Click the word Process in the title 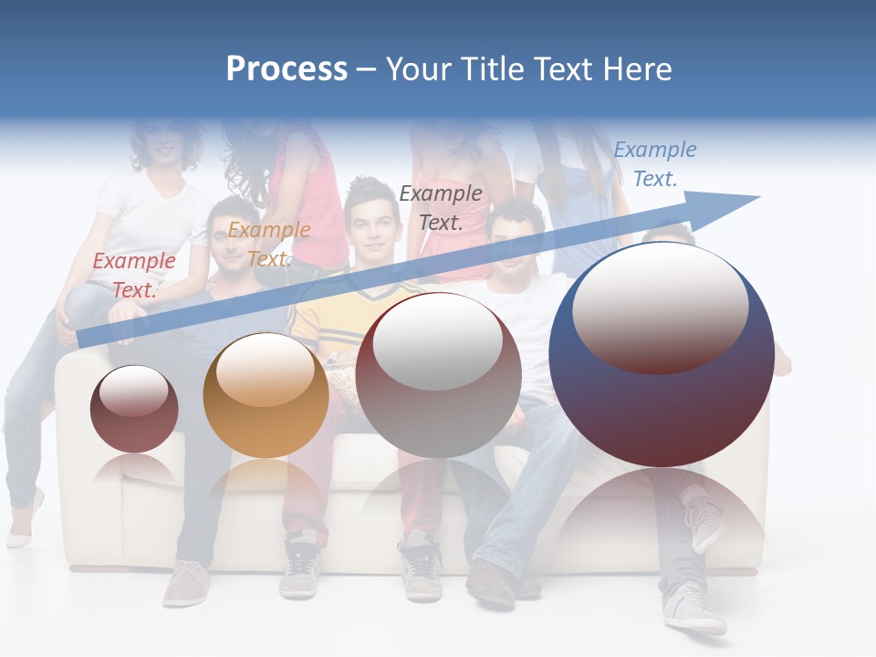coord(287,69)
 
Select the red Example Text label coord(134,275)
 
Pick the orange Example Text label coord(268,244)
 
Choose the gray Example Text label coord(441,207)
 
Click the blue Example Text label coord(654,164)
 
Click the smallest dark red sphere coord(134,409)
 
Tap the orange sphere coord(266,396)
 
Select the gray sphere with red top coord(439,375)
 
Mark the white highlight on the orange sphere coord(266,370)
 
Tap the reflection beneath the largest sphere coord(662,511)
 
